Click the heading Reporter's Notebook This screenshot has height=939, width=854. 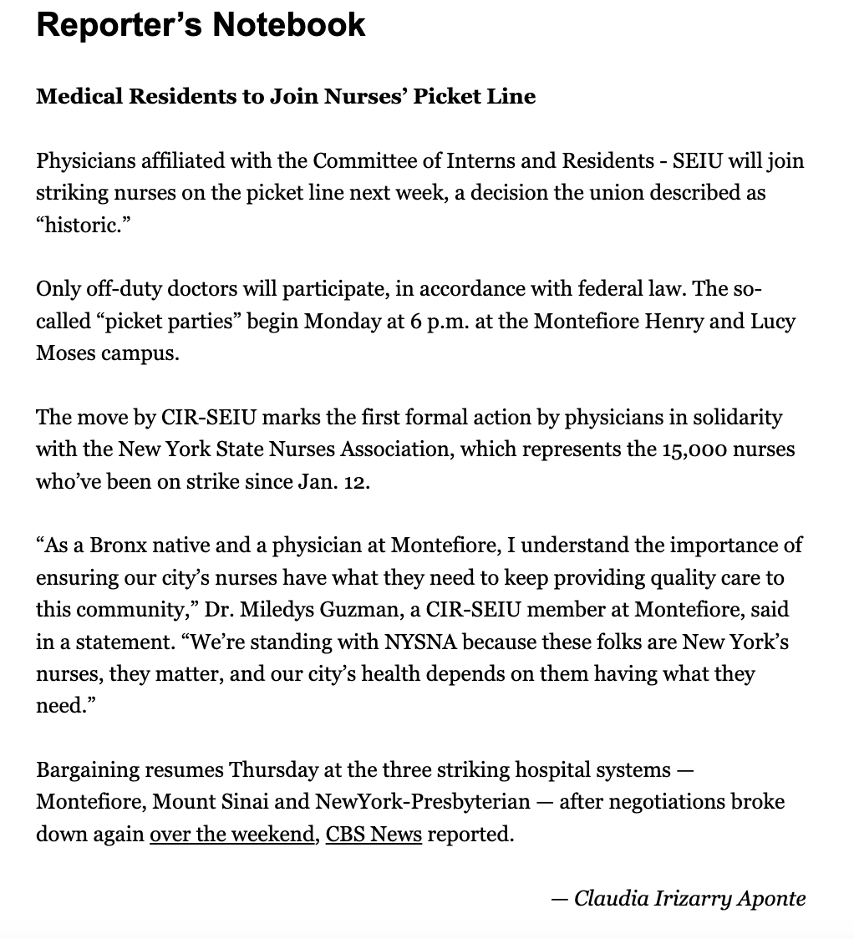tap(201, 26)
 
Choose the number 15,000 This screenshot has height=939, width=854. tap(693, 449)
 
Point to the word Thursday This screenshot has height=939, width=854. tap(272, 769)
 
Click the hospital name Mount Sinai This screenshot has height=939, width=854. tap(211, 802)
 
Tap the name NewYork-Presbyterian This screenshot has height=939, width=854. tap(423, 802)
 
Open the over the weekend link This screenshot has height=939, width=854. tap(231, 835)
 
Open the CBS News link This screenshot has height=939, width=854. tap(374, 835)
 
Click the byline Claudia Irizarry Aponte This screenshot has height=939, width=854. tap(689, 898)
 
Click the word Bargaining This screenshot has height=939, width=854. tap(89, 769)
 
